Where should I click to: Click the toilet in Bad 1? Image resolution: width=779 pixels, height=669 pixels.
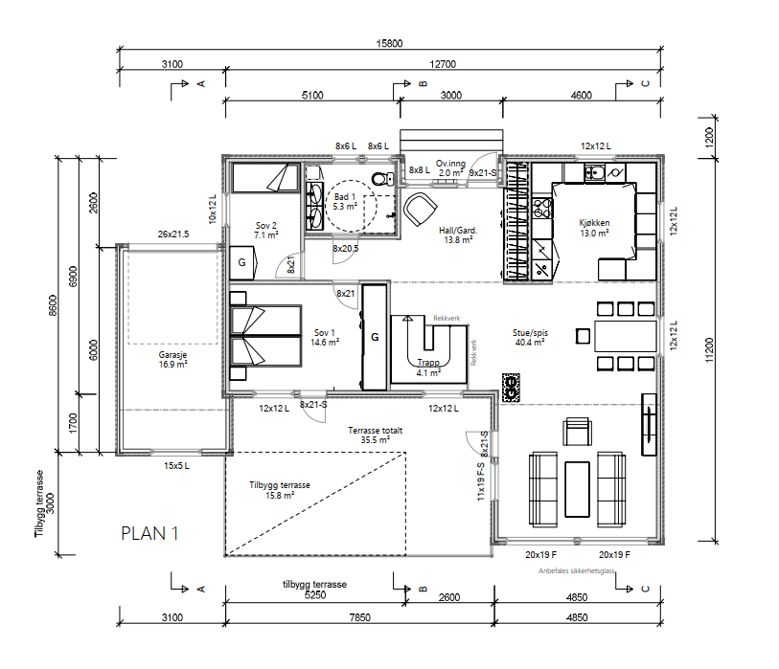382,178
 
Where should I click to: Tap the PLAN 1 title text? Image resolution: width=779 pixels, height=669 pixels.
149,533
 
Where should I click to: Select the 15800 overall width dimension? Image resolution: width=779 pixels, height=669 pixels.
389,44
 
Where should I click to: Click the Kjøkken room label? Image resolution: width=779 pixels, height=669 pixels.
594,228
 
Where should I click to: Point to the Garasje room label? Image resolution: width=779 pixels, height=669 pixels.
172,359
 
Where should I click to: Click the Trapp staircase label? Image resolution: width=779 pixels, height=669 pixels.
428,368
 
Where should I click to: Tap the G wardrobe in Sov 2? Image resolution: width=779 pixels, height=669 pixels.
242,262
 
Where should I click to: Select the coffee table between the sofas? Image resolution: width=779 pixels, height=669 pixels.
577,489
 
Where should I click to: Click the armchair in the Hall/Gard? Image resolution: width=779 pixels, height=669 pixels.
420,209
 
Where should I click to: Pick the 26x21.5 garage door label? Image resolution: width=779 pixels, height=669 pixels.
173,234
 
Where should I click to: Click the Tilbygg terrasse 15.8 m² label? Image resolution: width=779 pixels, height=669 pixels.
280,490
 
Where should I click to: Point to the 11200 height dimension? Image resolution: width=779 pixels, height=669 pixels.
709,350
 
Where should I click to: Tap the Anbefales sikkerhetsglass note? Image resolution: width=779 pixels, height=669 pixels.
577,571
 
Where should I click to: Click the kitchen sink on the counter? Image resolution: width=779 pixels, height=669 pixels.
594,172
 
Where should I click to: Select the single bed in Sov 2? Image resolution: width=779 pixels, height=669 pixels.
265,178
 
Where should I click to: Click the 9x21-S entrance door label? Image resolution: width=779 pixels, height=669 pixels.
483,172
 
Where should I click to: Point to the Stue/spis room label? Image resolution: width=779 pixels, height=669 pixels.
530,338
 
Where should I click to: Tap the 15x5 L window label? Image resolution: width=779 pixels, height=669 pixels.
176,465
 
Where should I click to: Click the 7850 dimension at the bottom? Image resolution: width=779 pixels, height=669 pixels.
359,617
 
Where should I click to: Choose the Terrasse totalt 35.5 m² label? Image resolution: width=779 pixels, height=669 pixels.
375,435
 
